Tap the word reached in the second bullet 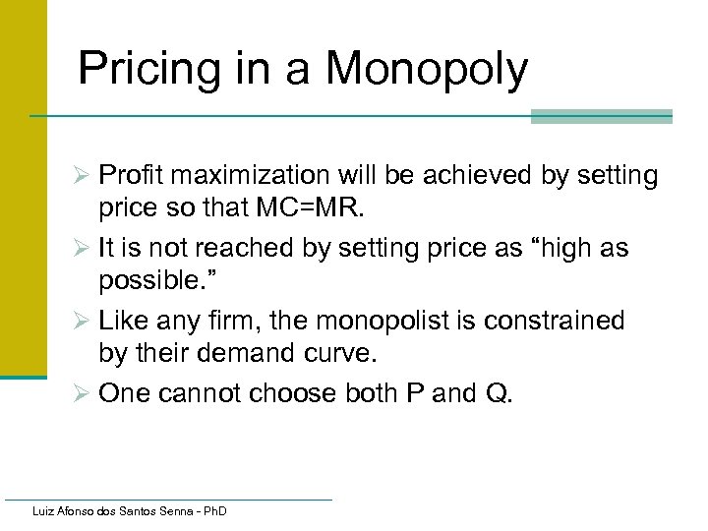coord(234,248)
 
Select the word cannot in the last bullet coord(192,392)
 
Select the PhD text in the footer coord(211,511)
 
